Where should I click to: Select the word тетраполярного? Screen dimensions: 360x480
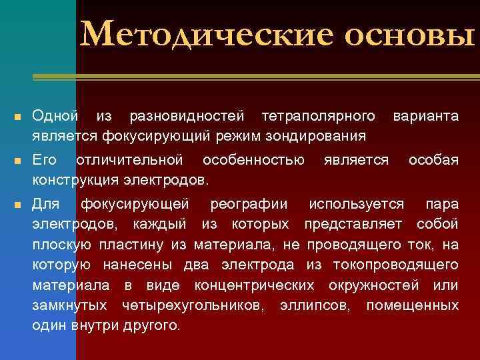click(318, 117)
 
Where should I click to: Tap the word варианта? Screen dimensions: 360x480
click(425, 117)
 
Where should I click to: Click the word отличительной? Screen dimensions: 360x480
click(129, 160)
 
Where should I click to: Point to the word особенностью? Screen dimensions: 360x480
click(253, 160)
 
